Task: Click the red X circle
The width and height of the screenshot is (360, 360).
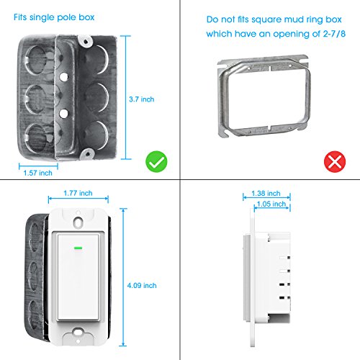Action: [335, 161]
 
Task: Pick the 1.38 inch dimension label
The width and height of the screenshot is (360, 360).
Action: [266, 194]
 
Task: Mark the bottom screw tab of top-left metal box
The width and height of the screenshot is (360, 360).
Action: [86, 153]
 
